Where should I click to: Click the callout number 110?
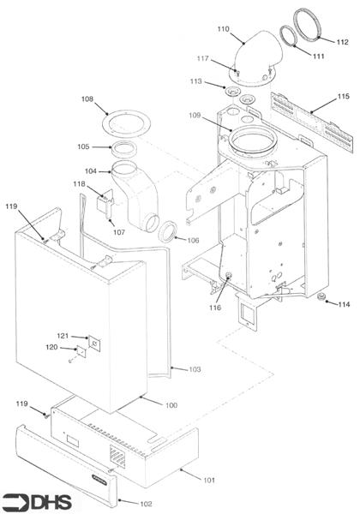tap(223, 29)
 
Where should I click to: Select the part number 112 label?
tap(342, 41)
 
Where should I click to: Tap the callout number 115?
tap(342, 97)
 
